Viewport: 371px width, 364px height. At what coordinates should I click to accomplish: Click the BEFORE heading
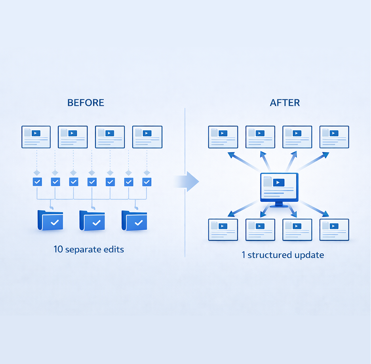tap(86, 103)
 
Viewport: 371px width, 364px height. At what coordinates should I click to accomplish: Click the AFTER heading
tap(285, 103)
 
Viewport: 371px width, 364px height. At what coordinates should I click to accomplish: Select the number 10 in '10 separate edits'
tap(58, 249)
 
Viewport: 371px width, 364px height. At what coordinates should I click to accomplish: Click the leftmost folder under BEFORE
tap(50, 220)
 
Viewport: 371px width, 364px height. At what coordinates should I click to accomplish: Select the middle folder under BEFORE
tap(93, 220)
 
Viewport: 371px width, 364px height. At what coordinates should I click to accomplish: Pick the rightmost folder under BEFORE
tap(135, 220)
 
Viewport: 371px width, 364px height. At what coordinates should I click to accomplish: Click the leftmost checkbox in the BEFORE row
tap(37, 182)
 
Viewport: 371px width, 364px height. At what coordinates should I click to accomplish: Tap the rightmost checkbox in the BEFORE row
tap(146, 182)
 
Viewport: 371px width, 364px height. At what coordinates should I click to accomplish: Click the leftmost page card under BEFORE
tap(36, 137)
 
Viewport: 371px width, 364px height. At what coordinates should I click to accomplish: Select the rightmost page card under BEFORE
tap(147, 137)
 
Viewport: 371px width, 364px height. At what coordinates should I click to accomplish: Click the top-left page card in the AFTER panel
tap(223, 137)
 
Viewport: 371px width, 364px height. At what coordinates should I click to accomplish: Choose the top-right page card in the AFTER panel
tap(334, 137)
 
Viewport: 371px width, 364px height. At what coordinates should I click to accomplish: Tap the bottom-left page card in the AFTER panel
tap(223, 229)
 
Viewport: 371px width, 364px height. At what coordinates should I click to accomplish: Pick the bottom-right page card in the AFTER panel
tap(334, 229)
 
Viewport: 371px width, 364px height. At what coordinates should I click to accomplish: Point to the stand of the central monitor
tap(279, 203)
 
